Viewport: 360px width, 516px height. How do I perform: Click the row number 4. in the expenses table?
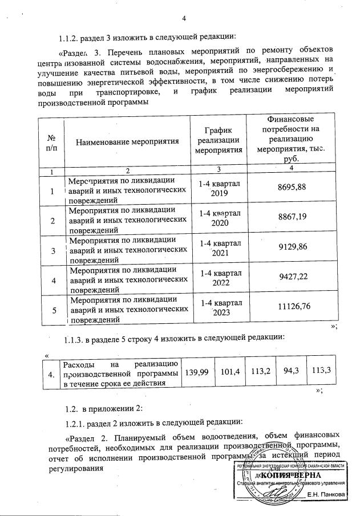point(52,374)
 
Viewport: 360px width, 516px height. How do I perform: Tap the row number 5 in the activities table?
point(54,310)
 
